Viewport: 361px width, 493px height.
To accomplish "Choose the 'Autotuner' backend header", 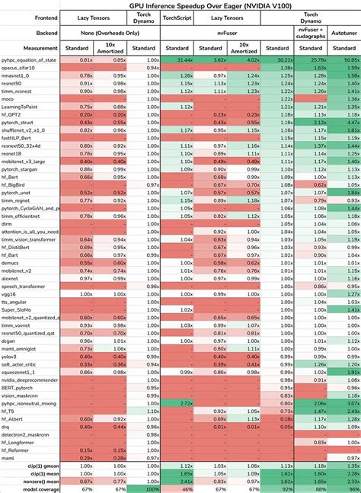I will (343, 34).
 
